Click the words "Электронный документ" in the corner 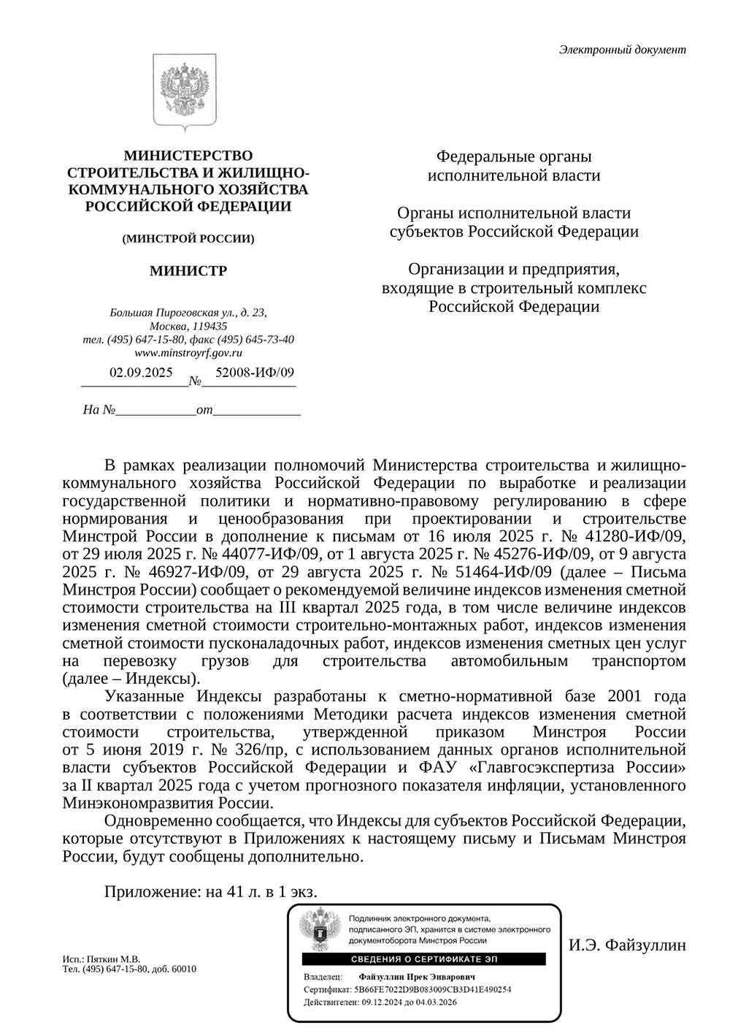pos(622,50)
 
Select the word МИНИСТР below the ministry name pos(188,271)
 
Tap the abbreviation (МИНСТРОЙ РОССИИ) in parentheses pos(188,239)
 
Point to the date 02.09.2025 pos(141,372)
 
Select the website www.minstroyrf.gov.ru pos(188,352)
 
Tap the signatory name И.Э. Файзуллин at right pos(627,945)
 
